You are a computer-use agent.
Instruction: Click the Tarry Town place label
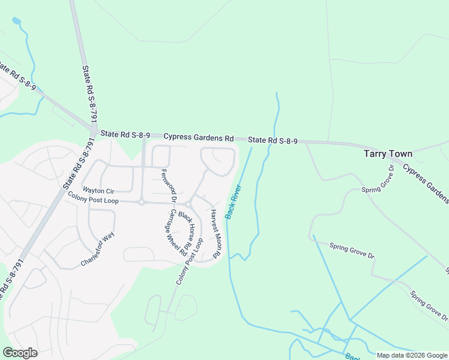[388, 154]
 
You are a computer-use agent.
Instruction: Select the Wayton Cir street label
[98, 190]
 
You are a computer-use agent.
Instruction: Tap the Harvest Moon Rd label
[215, 233]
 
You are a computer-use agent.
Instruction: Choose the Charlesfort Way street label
[97, 250]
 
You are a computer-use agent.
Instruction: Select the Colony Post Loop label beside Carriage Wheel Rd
[190, 262]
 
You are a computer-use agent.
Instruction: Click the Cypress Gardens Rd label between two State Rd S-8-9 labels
[198, 137]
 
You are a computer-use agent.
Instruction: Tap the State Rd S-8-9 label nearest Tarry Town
[273, 140]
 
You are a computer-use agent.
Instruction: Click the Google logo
[20, 353]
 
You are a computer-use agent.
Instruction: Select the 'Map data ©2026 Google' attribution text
[412, 355]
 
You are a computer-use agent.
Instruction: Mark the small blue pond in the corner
[16, 22]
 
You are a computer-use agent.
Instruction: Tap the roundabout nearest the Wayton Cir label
[142, 202]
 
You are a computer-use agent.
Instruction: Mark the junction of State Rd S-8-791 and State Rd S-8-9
[94, 131]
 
